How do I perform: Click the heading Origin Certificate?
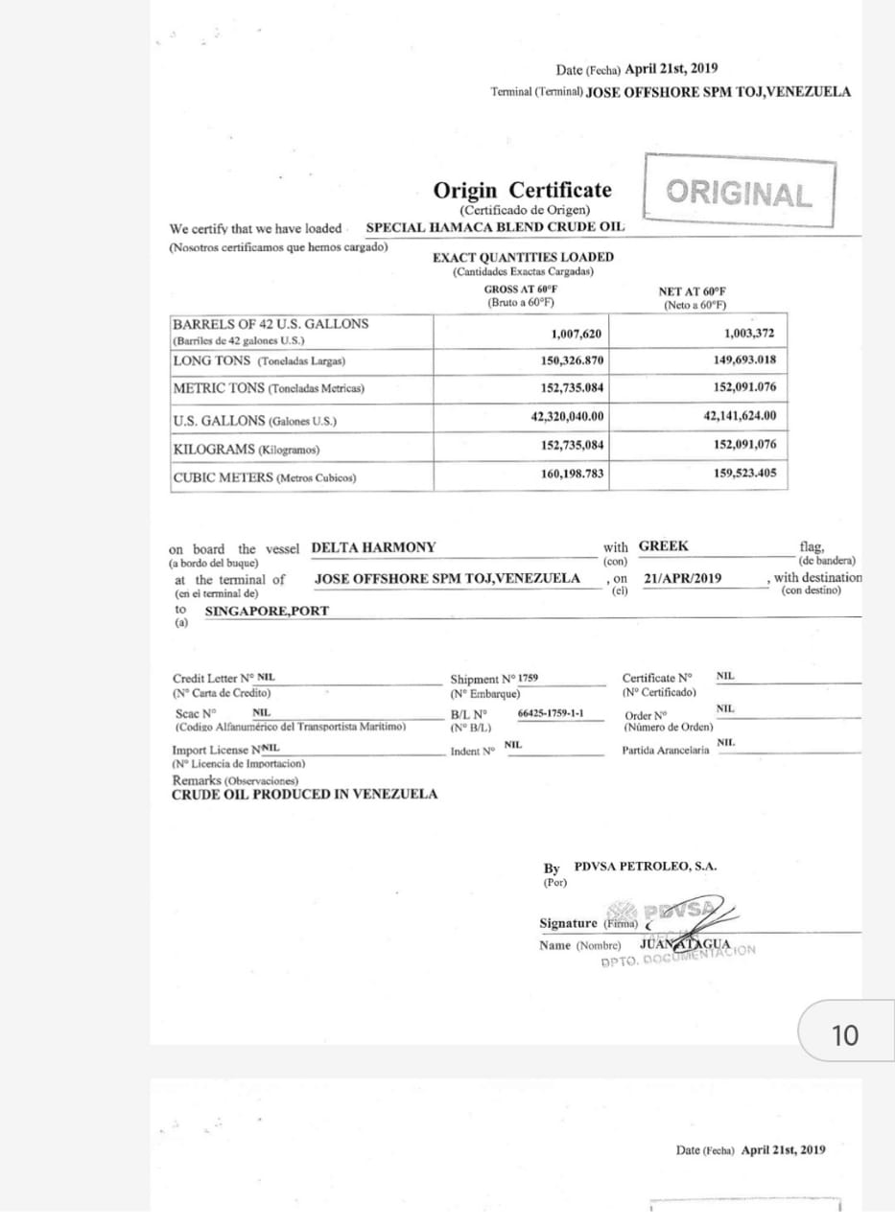[522, 190]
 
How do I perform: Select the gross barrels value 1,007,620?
[576, 334]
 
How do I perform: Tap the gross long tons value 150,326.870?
[573, 360]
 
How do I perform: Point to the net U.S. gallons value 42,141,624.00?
[740, 416]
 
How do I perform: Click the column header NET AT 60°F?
[692, 291]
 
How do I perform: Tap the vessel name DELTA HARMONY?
[373, 547]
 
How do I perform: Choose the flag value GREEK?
[664, 546]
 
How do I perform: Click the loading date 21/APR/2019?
[683, 579]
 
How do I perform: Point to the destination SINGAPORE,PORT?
[267, 611]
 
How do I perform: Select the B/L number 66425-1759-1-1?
[550, 714]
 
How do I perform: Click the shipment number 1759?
[528, 678]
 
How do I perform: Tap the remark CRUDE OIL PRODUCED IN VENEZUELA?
[304, 794]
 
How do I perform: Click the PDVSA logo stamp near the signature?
[677, 911]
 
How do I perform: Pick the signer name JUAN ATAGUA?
[684, 943]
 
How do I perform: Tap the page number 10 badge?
[845, 1035]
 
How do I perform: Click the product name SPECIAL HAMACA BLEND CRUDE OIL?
[495, 227]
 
